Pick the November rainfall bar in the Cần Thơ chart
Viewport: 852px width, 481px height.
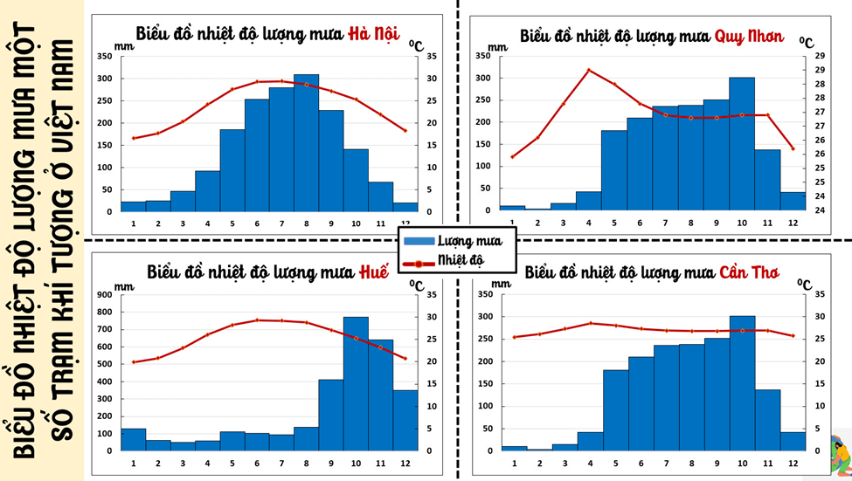tap(767, 420)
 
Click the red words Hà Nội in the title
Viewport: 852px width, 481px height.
tap(373, 35)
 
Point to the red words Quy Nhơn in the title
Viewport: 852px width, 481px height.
tap(749, 37)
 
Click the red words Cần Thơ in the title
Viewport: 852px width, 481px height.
tap(749, 271)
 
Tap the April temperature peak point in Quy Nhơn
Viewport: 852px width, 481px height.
tap(588, 70)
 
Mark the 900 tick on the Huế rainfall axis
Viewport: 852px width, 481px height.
tap(106, 294)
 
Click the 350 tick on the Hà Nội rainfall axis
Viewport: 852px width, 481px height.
tap(104, 56)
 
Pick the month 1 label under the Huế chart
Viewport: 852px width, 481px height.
tap(134, 462)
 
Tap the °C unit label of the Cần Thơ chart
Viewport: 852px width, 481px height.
tap(805, 283)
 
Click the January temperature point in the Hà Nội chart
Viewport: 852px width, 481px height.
tap(134, 138)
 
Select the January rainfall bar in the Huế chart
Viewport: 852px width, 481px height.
tap(134, 440)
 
